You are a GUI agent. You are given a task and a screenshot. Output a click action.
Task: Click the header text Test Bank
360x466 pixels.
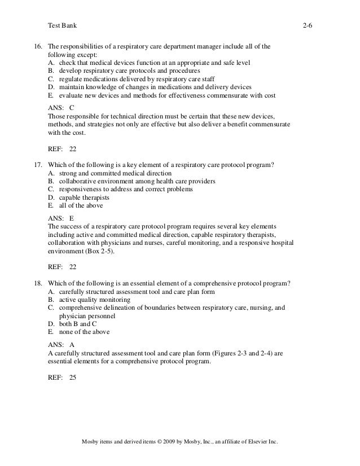tap(63, 26)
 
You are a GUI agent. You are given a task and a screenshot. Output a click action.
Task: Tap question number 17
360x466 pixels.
tap(39, 165)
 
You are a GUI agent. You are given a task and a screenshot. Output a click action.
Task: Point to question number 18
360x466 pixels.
tap(39, 283)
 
